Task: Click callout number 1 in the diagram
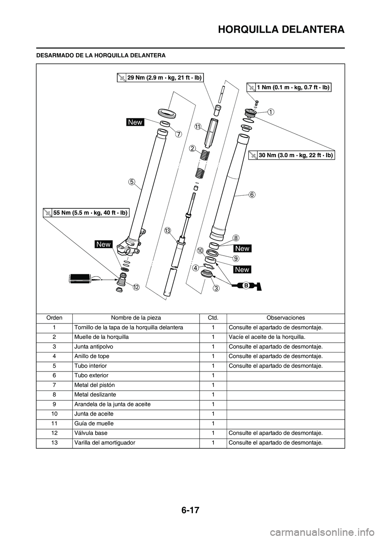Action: pos(270,112)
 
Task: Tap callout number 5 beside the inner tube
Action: pos(132,182)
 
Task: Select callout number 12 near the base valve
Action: pos(136,287)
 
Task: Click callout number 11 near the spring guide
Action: pos(198,126)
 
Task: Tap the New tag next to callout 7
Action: pos(135,122)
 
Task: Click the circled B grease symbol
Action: pos(246,285)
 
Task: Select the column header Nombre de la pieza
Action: pos(136,318)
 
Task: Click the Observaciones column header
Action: pos(285,318)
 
